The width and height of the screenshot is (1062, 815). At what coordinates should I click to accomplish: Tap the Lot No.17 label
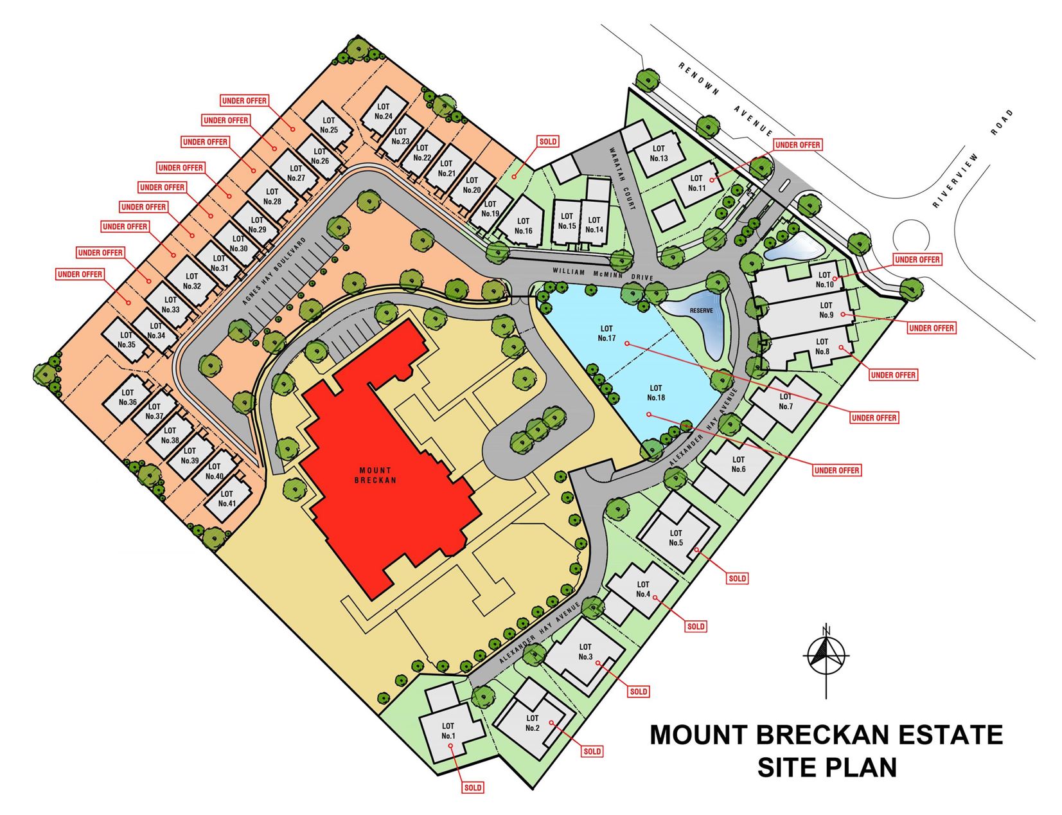click(x=606, y=333)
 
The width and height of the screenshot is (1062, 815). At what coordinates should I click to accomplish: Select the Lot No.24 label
click(x=384, y=112)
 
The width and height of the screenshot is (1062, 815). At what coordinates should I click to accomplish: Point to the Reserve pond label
click(x=701, y=310)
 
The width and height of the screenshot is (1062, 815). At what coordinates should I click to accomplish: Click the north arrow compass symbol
click(x=826, y=656)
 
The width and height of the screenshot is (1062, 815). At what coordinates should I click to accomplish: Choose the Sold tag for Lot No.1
click(x=473, y=787)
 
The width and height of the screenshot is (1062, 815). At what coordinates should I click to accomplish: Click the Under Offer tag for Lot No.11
click(x=797, y=145)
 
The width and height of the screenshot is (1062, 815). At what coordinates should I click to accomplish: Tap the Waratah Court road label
click(x=621, y=179)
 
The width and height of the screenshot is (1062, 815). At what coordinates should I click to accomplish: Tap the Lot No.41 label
click(x=227, y=499)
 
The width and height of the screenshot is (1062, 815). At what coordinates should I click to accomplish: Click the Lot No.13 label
click(x=659, y=154)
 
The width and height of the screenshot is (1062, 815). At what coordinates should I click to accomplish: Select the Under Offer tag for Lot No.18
click(x=836, y=470)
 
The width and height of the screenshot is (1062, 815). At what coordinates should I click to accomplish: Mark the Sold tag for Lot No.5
click(x=738, y=578)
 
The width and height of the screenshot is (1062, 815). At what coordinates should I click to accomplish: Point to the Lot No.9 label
click(x=826, y=310)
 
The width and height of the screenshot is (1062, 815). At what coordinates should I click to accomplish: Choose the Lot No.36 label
click(x=128, y=397)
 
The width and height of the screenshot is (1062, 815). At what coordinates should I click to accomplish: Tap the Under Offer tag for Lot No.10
click(x=917, y=260)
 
